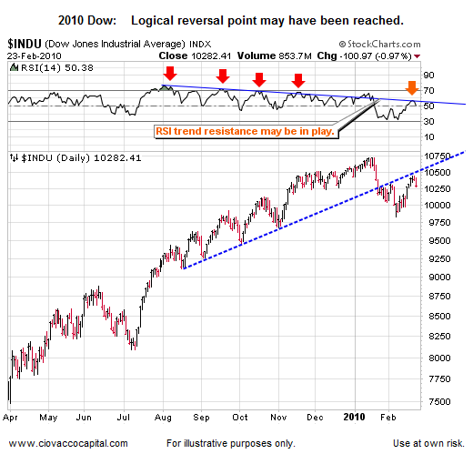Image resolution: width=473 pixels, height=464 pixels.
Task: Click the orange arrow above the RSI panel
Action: pos(411,88)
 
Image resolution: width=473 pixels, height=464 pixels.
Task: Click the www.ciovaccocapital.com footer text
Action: pos(68,444)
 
